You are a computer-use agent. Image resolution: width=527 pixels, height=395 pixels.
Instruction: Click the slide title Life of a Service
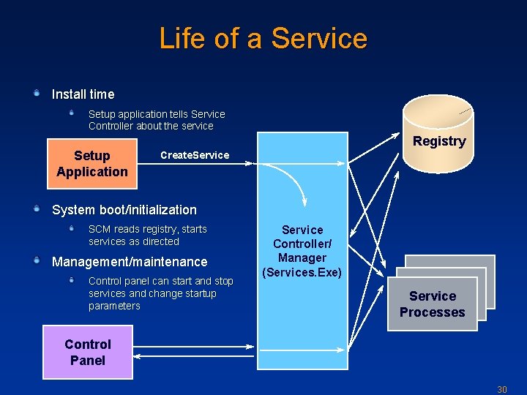click(x=263, y=38)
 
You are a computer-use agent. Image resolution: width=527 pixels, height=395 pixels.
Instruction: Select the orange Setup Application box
click(x=91, y=164)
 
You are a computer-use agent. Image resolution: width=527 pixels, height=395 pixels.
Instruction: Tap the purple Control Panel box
click(x=88, y=352)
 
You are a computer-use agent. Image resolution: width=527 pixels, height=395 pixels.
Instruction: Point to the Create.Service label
click(x=195, y=155)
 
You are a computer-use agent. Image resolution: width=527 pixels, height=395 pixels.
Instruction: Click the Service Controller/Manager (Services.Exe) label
click(x=302, y=251)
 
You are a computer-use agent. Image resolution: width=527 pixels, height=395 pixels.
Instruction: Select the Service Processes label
click(x=432, y=304)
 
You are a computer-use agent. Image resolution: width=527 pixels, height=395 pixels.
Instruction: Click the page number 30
click(x=502, y=389)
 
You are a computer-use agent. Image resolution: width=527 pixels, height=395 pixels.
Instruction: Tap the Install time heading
click(x=83, y=94)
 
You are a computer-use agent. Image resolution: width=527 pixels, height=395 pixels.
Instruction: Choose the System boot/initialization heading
click(x=124, y=210)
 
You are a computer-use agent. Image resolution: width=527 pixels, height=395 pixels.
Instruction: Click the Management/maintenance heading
click(x=130, y=262)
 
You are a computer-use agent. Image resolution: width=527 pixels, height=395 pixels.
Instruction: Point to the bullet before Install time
click(x=37, y=94)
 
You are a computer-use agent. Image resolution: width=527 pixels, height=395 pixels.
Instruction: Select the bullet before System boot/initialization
click(x=37, y=209)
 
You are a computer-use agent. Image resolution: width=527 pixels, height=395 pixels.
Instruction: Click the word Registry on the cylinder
click(x=439, y=141)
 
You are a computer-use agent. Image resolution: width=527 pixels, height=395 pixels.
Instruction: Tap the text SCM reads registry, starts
click(x=147, y=230)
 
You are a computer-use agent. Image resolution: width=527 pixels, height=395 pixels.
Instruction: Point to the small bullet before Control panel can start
click(x=72, y=280)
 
